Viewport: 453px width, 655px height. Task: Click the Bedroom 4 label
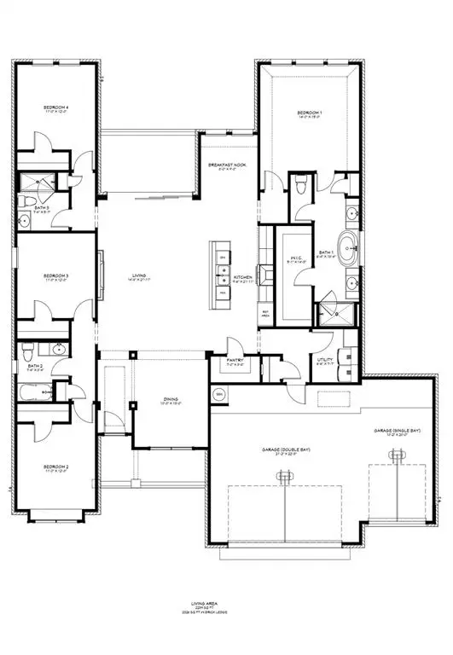(56, 108)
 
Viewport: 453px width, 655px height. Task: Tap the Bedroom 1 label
(309, 113)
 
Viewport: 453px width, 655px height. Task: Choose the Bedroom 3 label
(56, 276)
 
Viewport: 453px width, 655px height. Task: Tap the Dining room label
(170, 403)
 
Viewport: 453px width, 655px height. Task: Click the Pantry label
(235, 361)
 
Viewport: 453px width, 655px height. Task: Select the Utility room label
(324, 362)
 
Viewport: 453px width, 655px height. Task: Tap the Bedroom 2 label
(56, 467)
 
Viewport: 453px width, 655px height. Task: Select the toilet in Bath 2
(28, 351)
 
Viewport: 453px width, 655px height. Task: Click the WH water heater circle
(218, 394)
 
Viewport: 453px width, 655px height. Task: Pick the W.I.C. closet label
(295, 259)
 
